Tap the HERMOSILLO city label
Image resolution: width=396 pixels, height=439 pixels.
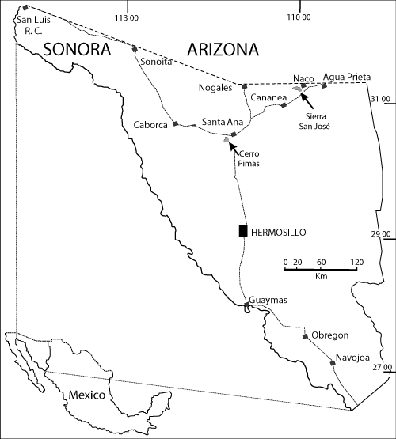point(278,232)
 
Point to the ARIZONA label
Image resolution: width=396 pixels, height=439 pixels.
point(223,50)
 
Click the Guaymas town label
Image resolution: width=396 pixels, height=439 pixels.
point(265,300)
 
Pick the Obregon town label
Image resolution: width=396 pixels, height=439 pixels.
point(331,335)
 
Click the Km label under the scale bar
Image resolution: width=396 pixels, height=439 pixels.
point(321,277)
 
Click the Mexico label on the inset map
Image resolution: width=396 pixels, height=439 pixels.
point(86,394)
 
